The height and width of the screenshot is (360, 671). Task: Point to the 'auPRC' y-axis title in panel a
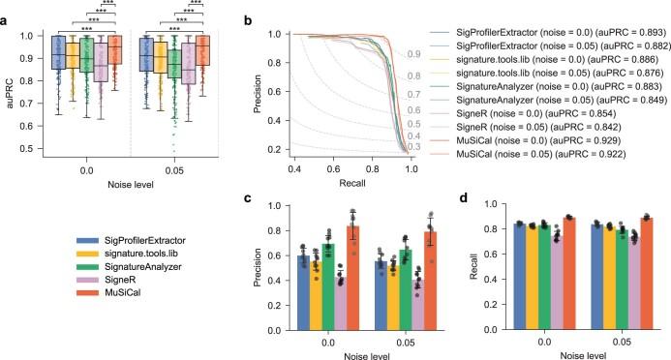tap(9, 97)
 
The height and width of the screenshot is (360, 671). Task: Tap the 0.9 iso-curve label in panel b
tap(412, 54)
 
